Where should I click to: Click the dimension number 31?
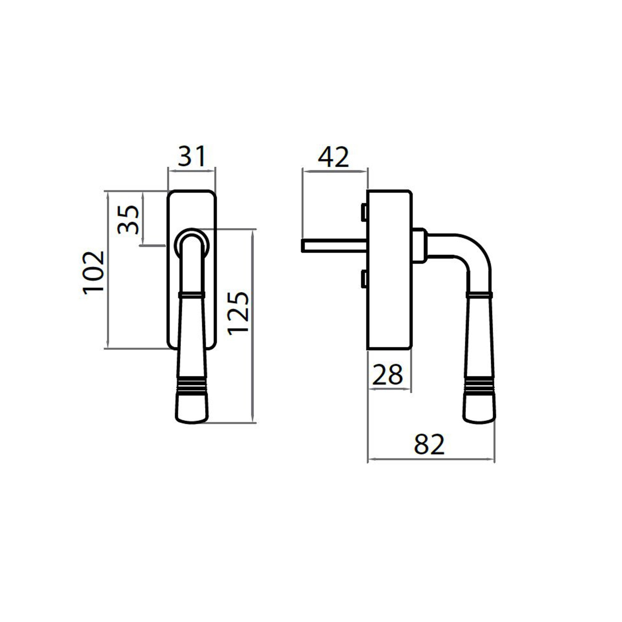192,156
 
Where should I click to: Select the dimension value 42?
333,157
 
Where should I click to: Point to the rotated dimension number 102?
94,273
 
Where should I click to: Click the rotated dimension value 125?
238,313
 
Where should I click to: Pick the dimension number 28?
387,375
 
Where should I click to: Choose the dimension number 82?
429,444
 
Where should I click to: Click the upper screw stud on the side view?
364,212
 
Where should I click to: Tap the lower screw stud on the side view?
364,279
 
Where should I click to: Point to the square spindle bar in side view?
334,246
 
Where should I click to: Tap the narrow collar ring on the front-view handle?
192,295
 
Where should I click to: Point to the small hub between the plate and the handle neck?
420,246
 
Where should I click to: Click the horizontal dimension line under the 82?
431,460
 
